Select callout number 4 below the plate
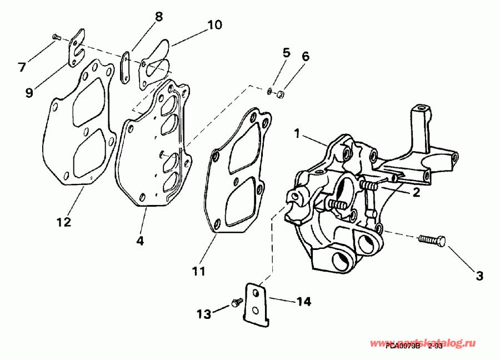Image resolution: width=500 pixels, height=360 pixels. click(x=140, y=242)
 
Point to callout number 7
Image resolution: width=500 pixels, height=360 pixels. click(x=22, y=67)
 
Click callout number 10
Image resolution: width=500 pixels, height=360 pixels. click(x=214, y=24)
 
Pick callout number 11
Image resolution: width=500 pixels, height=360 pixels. click(x=199, y=271)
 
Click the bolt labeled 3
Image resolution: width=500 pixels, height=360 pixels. click(x=433, y=240)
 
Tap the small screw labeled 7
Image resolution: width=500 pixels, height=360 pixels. click(x=56, y=37)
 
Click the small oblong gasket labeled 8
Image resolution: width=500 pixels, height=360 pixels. click(x=126, y=68)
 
